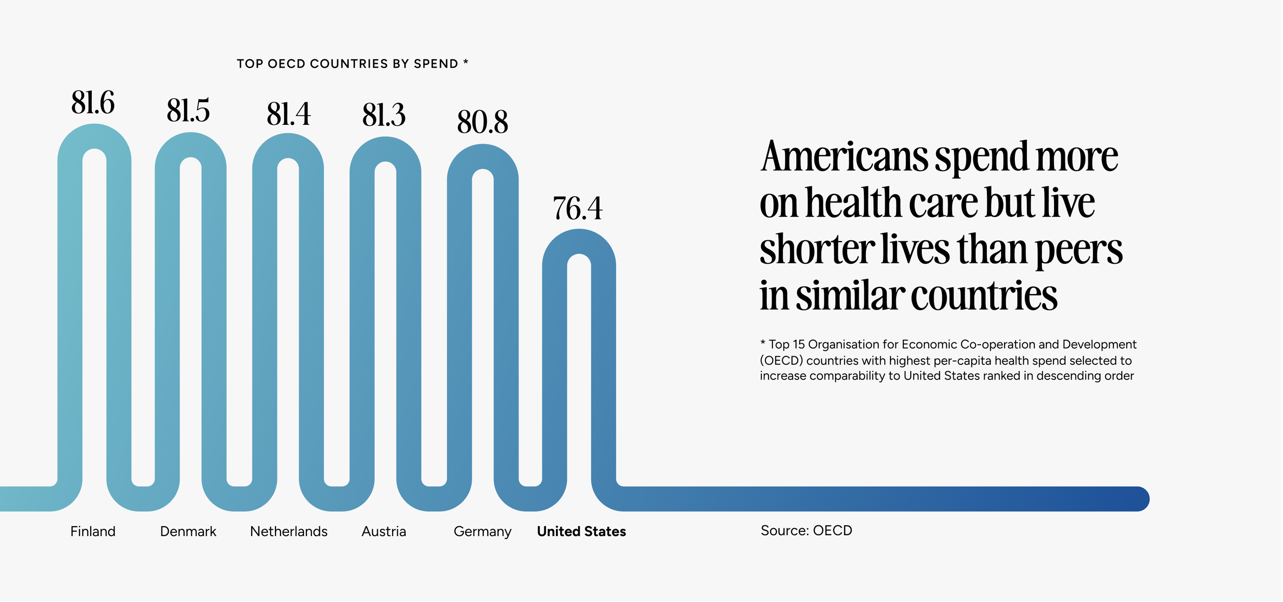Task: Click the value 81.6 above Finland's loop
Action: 93,103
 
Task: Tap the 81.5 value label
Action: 188,110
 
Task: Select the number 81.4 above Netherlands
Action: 288,114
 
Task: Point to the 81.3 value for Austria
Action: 384,115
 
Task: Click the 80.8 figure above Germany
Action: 482,122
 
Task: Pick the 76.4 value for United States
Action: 578,208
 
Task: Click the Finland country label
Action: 93,532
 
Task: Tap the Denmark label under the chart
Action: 188,532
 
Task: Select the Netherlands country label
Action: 288,532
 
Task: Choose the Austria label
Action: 384,532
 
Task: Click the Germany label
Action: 482,532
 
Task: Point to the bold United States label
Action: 581,532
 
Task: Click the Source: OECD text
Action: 806,531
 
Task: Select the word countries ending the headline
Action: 984,296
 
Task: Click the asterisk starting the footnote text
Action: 763,343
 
